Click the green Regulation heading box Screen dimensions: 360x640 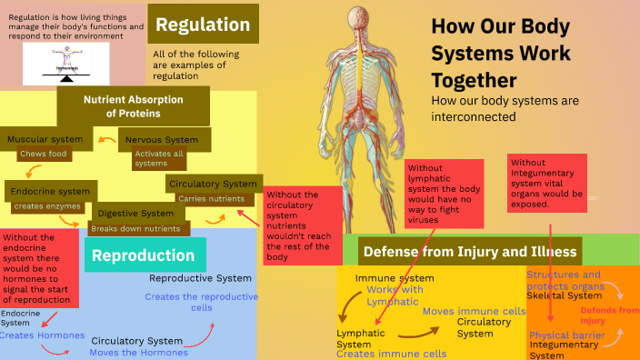point(203,25)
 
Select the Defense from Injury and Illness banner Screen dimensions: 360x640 point(469,250)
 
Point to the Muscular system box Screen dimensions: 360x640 point(45,139)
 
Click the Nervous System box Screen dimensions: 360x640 point(162,140)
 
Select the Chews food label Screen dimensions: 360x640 point(45,155)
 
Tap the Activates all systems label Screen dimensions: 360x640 point(158,159)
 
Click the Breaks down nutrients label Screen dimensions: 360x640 point(135,228)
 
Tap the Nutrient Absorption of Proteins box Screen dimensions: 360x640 point(133,106)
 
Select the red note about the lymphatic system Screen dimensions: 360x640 point(444,194)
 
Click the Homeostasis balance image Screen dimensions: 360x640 point(65,66)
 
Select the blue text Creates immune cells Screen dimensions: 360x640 point(391,354)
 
